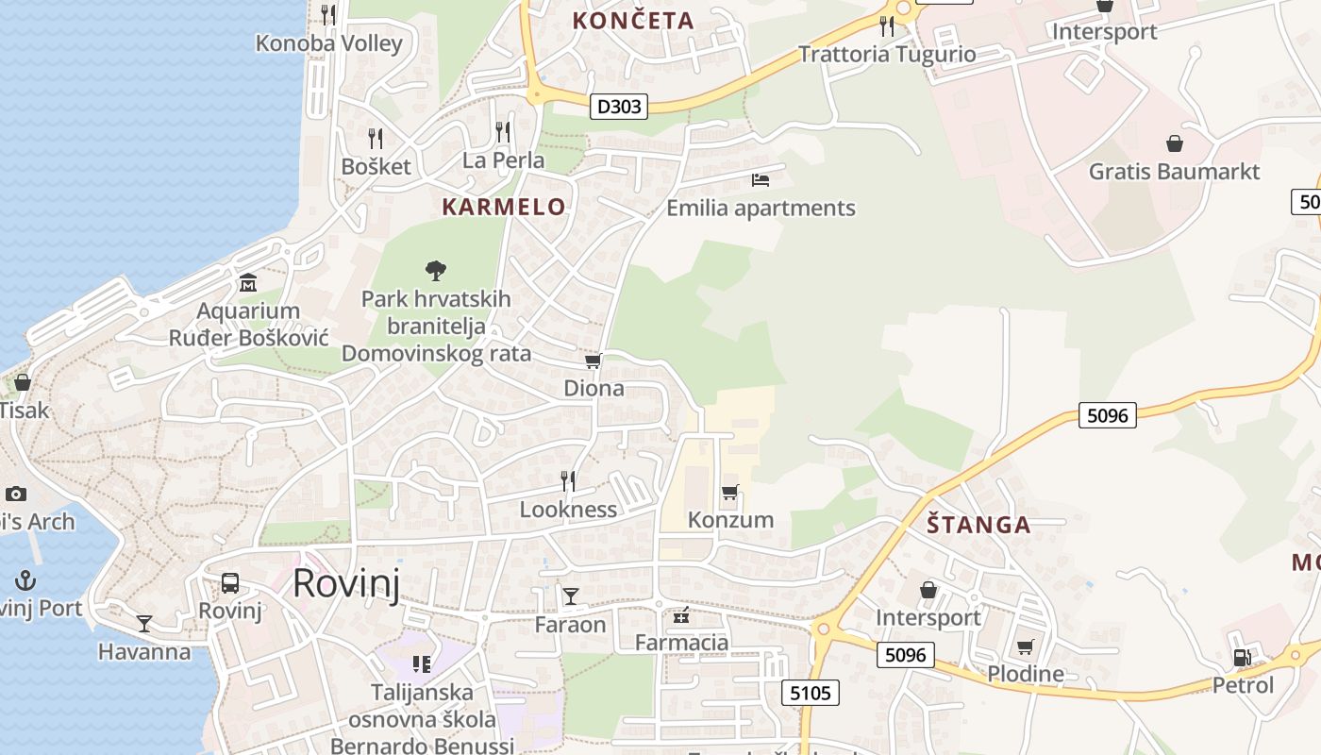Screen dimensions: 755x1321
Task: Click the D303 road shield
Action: [619, 107]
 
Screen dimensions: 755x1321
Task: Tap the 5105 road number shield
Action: [811, 694]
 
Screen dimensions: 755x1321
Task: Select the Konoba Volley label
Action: [329, 43]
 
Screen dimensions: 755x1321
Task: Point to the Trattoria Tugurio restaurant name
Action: [887, 54]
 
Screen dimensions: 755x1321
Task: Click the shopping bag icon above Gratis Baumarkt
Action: [1175, 143]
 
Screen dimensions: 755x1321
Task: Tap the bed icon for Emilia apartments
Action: [761, 179]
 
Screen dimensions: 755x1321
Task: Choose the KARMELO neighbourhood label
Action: [504, 207]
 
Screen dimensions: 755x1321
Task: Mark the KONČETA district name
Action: [633, 20]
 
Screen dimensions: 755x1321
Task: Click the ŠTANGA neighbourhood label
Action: [978, 525]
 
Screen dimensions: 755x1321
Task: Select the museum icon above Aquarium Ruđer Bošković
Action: [248, 282]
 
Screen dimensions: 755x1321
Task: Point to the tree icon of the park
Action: [435, 272]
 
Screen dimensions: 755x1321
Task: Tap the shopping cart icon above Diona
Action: [594, 361]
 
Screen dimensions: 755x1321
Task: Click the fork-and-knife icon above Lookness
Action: [568, 481]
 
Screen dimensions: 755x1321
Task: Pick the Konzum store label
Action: [730, 520]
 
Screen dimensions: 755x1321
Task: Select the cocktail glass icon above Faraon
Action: [571, 596]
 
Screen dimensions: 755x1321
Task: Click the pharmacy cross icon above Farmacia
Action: [681, 617]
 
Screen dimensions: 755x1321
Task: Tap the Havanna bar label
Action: [144, 651]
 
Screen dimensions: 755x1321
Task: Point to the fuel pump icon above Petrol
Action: [1243, 657]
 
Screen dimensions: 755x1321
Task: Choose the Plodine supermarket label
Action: [1026, 674]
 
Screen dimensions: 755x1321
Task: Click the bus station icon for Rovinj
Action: [230, 582]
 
